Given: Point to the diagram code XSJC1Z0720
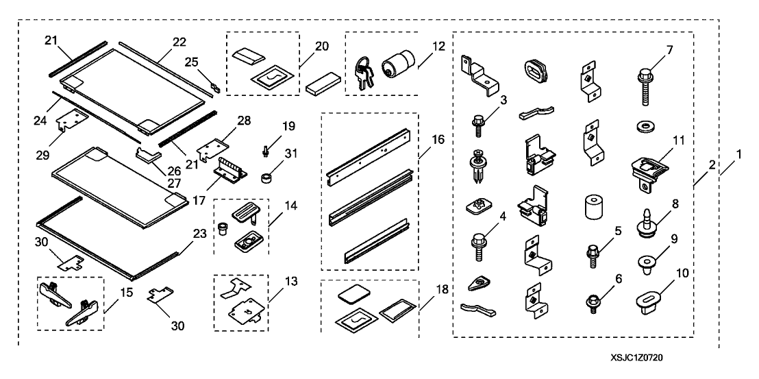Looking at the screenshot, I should pyautogui.click(x=638, y=358).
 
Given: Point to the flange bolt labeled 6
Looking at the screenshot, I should pyautogui.click(x=588, y=300).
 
